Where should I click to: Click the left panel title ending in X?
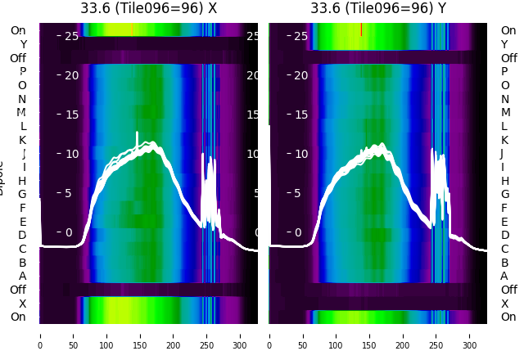[149, 8]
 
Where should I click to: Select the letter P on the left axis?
[23, 72]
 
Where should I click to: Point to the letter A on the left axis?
[23, 276]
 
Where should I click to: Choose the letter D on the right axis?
[504, 236]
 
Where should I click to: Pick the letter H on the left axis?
[23, 181]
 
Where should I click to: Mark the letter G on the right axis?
[504, 195]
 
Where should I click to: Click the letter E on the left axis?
[23, 222]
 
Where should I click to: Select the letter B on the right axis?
[504, 263]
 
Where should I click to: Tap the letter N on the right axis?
[504, 99]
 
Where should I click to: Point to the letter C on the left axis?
[23, 249]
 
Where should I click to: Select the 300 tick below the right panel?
[470, 335]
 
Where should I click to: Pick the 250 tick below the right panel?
[436, 335]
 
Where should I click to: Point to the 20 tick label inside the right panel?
[300, 75]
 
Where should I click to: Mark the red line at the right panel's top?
[361, 29]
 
